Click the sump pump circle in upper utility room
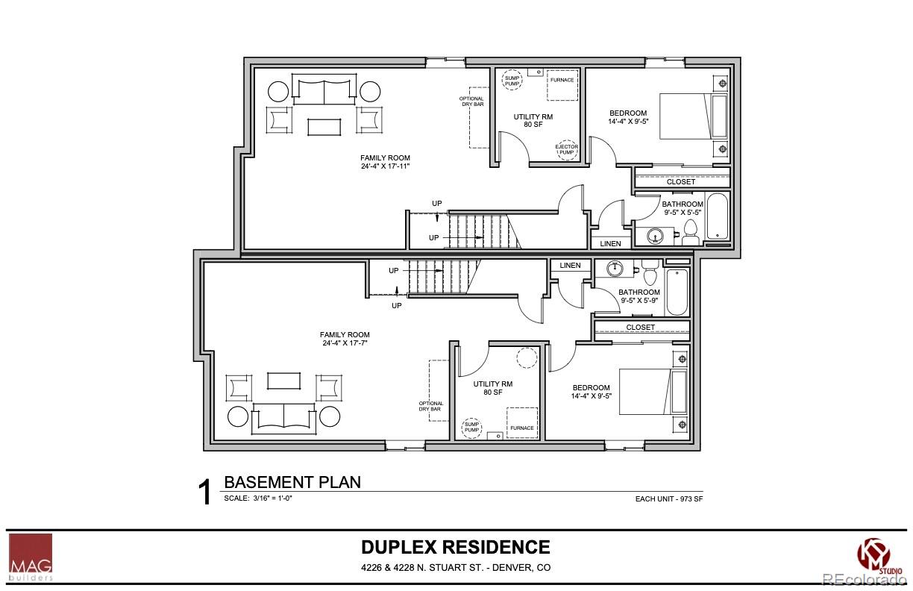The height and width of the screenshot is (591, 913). click(512, 79)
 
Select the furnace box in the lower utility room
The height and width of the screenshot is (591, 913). click(522, 422)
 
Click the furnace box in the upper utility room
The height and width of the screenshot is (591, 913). click(562, 84)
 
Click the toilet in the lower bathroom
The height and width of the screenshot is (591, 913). click(649, 265)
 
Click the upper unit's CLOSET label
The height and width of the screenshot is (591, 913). click(680, 182)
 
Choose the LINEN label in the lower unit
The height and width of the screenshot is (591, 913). click(571, 266)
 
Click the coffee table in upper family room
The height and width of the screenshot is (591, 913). click(324, 125)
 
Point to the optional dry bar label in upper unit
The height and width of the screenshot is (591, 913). click(472, 101)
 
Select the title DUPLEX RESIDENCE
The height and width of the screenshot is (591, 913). click(456, 547)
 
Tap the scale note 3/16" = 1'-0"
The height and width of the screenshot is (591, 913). click(258, 498)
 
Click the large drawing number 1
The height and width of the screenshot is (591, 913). click(204, 493)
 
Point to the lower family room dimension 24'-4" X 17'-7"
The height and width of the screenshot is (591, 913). click(345, 344)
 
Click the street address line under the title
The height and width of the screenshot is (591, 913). click(456, 567)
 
